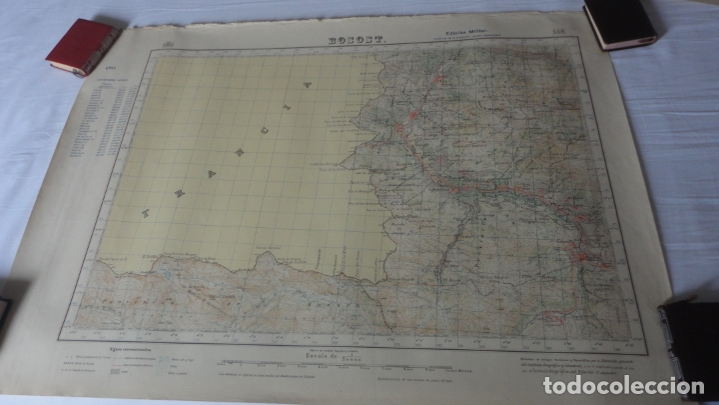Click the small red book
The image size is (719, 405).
83,47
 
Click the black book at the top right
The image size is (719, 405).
619,22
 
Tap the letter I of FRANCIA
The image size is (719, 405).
286,105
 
